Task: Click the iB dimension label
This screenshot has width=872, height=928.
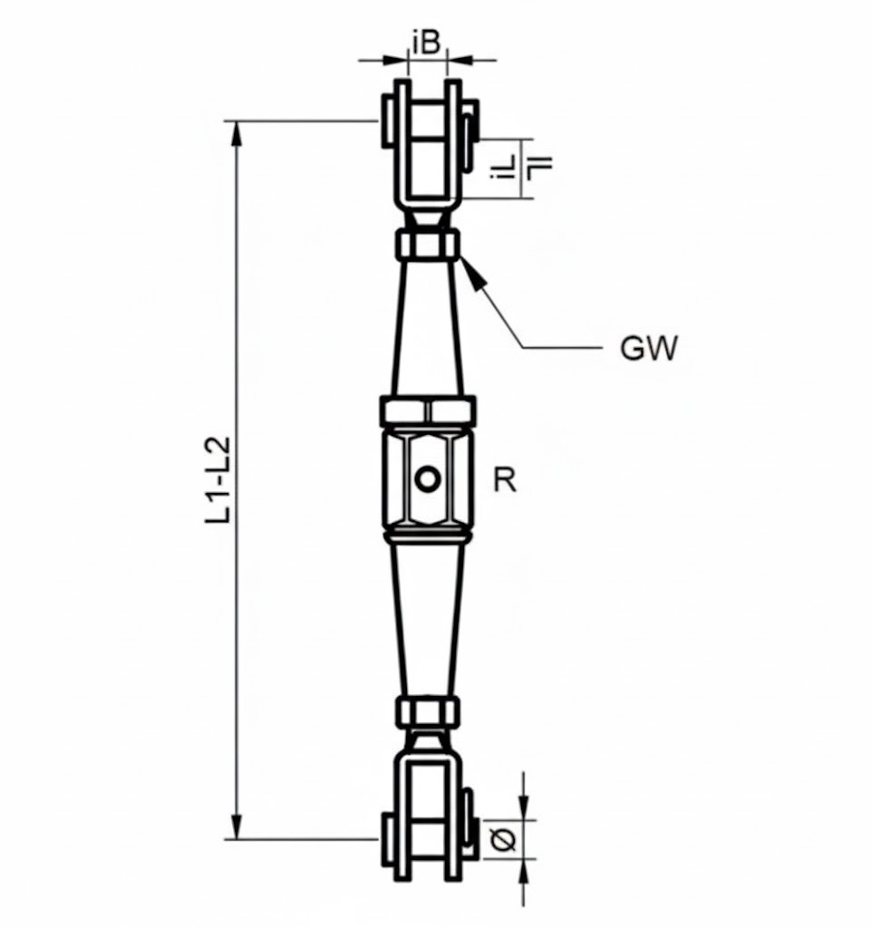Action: (x=427, y=42)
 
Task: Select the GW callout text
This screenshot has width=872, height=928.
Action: (x=648, y=348)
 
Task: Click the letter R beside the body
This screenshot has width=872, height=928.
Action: (x=504, y=479)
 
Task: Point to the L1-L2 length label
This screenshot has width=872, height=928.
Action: (x=218, y=480)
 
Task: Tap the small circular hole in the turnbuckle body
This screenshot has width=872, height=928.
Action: (x=426, y=478)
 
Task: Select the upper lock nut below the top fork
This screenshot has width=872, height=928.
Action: (x=427, y=245)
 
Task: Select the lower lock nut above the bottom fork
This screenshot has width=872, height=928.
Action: (x=427, y=711)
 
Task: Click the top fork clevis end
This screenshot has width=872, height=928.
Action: (x=427, y=145)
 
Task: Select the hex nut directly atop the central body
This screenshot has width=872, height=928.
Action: (x=427, y=411)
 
